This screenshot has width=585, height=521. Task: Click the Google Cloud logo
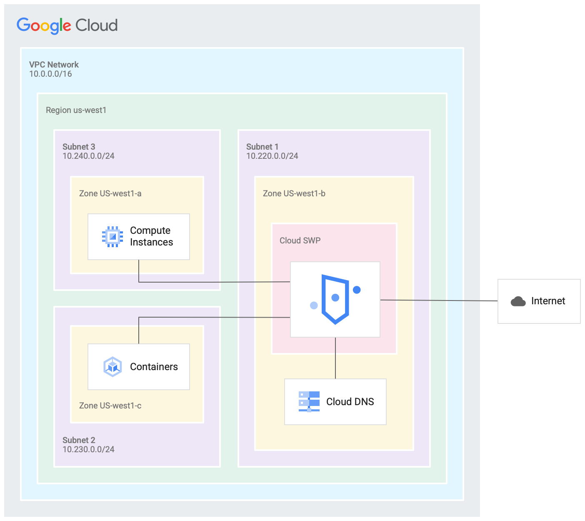click(x=67, y=25)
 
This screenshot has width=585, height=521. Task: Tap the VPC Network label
click(x=54, y=65)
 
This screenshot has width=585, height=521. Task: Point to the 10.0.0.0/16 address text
click(x=50, y=74)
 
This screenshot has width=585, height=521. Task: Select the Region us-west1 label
click(x=76, y=110)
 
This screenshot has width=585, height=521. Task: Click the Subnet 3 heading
click(x=79, y=147)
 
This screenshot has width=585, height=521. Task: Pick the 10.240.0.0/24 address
click(x=88, y=156)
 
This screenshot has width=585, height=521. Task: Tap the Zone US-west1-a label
click(x=110, y=193)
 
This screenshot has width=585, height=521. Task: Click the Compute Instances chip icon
click(x=112, y=237)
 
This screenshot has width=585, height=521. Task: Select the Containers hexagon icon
click(x=112, y=367)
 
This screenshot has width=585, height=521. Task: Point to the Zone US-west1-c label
click(x=110, y=406)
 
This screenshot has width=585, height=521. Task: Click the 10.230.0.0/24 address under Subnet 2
click(x=88, y=449)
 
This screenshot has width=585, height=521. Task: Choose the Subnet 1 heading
click(x=262, y=147)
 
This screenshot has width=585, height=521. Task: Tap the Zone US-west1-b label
click(x=294, y=193)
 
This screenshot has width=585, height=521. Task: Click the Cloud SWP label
click(x=300, y=240)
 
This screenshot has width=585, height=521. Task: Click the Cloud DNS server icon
click(x=309, y=401)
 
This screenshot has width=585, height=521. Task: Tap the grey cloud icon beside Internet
click(x=518, y=301)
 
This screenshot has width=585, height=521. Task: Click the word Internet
click(x=548, y=301)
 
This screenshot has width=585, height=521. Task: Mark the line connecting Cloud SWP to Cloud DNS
click(x=335, y=358)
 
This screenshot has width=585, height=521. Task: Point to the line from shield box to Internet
click(x=437, y=300)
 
